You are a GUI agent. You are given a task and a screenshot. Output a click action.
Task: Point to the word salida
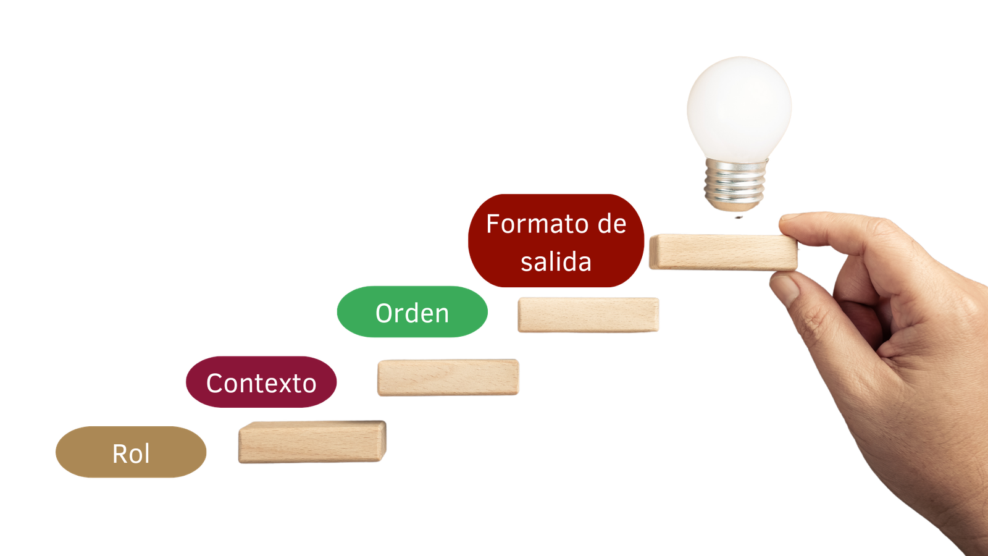click(x=556, y=262)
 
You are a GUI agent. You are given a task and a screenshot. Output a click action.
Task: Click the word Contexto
click(x=261, y=384)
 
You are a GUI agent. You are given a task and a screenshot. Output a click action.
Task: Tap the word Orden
click(x=412, y=314)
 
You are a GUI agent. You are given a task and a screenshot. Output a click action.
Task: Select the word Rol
click(x=131, y=454)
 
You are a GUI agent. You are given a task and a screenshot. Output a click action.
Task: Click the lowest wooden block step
click(x=312, y=442)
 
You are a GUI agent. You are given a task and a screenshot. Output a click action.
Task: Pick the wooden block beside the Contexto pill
click(x=448, y=377)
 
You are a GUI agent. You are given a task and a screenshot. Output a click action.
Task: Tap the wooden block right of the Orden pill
click(x=588, y=315)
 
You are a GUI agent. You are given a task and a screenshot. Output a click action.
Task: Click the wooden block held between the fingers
click(x=722, y=252)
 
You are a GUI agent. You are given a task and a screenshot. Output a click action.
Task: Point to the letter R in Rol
click(x=120, y=454)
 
